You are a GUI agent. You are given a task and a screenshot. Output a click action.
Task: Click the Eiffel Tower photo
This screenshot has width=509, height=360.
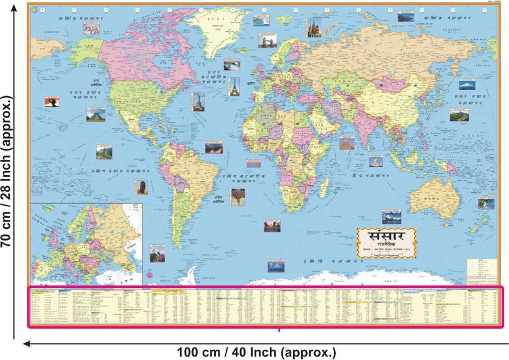tap(234, 86)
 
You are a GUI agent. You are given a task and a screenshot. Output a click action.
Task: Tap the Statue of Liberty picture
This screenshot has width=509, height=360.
tap(198, 101)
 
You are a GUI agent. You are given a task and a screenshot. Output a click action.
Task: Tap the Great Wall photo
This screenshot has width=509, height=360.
tap(456, 114)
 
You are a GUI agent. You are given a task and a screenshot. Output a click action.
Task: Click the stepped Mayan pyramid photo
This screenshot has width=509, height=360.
tap(95, 114)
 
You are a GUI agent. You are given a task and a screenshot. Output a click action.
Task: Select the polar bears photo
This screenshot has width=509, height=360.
tap(92, 29)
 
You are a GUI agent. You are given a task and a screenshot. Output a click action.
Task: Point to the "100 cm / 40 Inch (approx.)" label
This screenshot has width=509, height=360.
tap(256, 352)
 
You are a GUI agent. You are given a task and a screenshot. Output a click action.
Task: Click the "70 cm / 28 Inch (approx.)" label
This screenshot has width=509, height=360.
tap(9, 171)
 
